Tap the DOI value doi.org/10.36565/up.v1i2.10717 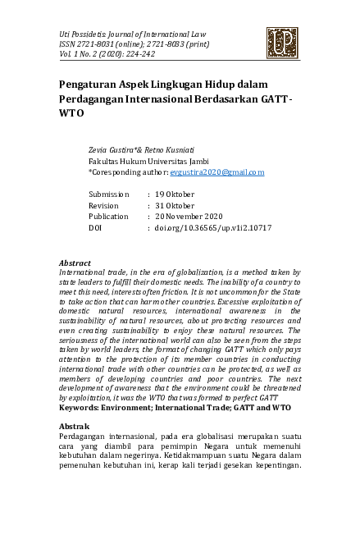[x=213, y=227]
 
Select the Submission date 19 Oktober [x=175, y=193]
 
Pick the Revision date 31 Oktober [x=175, y=204]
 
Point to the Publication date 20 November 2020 [x=190, y=216]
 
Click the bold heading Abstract [x=77, y=263]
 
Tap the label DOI [x=97, y=227]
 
